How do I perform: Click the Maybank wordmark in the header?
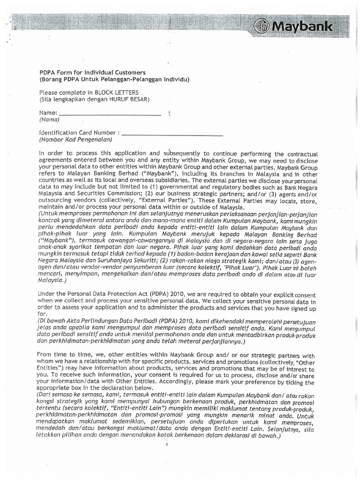point(307,26)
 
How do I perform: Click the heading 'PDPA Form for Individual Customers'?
point(92,73)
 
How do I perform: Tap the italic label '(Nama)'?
point(49,120)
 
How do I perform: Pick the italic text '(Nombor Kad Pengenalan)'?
point(75,139)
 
